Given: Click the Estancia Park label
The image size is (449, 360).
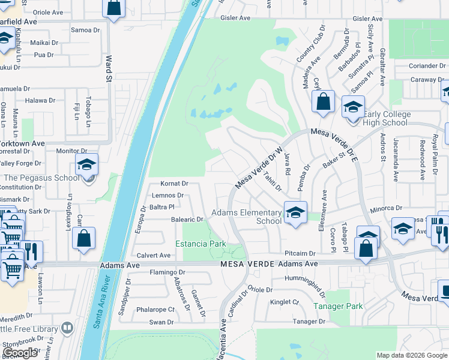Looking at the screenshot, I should coord(200,244).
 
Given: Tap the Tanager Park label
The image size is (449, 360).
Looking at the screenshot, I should coord(339,306).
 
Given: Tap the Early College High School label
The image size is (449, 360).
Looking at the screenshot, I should coord(386,119).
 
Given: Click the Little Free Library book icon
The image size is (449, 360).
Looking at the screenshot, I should coord(67,328).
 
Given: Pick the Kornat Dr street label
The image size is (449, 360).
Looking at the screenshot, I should coord(174,184).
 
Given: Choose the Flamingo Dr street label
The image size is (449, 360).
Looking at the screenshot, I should coord(167,272).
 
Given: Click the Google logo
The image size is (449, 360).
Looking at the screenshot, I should coord(20,353).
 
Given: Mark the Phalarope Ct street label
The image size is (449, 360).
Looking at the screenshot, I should coord(155,310).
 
